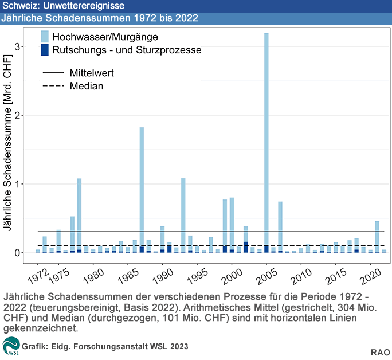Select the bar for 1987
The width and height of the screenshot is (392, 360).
[142, 189]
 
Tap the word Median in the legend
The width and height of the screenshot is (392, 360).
[86, 87]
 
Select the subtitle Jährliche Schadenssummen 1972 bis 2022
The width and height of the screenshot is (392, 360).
[100, 18]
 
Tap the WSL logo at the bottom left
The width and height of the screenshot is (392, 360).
[11, 347]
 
